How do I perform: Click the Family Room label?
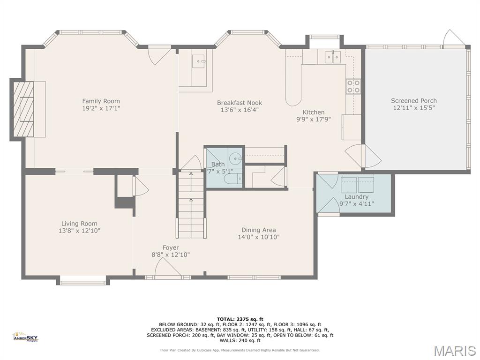(101, 101)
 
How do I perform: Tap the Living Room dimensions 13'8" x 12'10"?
(80, 231)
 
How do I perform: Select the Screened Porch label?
(414, 100)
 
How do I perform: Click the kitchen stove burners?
(353, 86)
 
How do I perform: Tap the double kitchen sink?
(332, 57)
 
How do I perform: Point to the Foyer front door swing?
(166, 269)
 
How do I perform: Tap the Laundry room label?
(357, 197)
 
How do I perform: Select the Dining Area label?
(259, 230)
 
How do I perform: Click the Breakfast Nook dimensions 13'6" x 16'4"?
(240, 110)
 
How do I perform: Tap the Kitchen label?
(313, 112)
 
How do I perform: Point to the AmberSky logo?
(25, 337)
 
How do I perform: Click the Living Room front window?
(83, 282)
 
